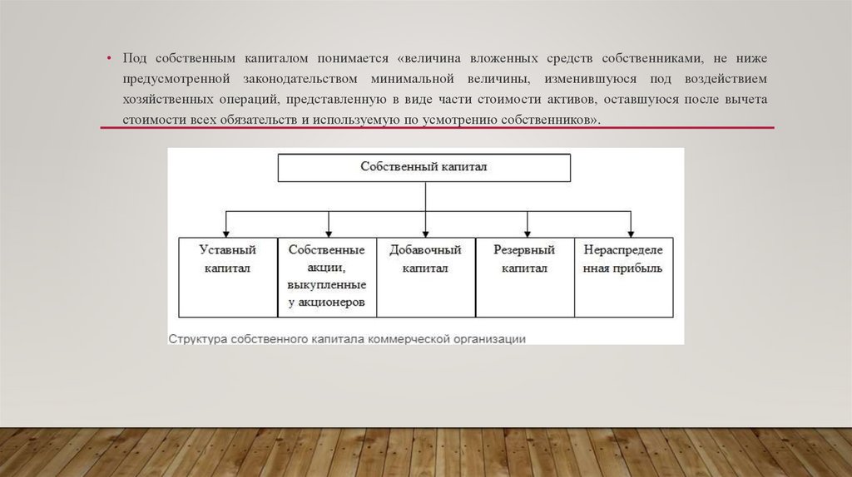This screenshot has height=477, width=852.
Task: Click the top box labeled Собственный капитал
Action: click(424, 167)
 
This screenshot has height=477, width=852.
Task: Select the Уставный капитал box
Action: click(227, 277)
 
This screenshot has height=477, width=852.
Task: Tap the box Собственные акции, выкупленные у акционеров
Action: click(327, 277)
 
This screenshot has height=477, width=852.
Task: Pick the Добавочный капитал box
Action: click(425, 277)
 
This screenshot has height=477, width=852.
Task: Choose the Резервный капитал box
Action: click(524, 277)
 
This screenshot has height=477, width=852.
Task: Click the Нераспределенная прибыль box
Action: click(624, 277)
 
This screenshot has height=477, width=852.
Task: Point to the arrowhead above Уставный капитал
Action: click(226, 232)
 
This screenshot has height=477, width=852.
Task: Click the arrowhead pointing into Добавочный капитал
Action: click(425, 232)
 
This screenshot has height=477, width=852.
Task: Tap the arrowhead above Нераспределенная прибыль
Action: click(631, 232)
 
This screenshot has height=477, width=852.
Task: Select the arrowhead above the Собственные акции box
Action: click(329, 232)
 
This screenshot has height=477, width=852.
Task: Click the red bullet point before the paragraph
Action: click(108, 60)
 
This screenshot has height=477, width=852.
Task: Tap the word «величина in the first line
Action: click(430, 60)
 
